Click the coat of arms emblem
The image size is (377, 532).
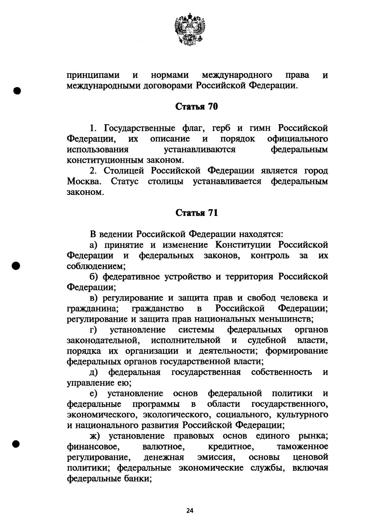pos(190,29)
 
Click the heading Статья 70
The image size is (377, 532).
pos(196,107)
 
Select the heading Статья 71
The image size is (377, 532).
pos(196,213)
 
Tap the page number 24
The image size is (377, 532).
pos(190,511)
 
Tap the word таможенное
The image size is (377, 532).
pos(302,447)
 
